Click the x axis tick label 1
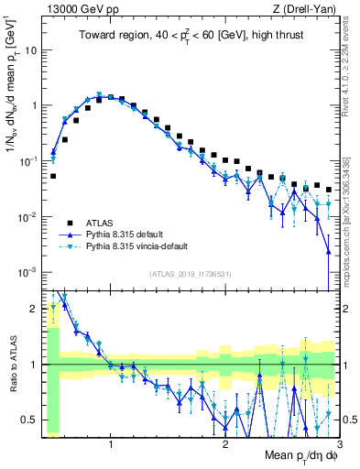[111, 445]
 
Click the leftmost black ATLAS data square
[53, 176]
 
